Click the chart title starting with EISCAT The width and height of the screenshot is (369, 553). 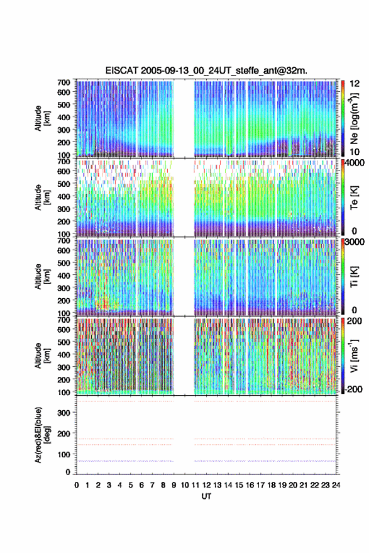coord(206,70)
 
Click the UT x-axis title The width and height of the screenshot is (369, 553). coord(207,496)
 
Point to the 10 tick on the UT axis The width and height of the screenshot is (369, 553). coord(185,485)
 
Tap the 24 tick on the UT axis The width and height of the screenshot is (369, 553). coord(336,485)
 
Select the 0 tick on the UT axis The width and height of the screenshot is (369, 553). coord(77,485)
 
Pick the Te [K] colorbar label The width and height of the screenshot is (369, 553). coord(354,198)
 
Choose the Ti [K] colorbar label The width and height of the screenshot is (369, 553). coord(354,277)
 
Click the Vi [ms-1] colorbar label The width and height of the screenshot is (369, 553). coord(354,355)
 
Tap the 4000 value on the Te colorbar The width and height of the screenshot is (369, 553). coord(355,163)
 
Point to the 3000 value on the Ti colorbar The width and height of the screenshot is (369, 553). coord(355,242)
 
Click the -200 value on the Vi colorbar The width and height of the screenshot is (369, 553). coord(353,389)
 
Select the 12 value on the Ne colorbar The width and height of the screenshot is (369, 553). coord(355,84)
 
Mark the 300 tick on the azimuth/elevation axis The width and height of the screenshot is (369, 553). coord(63,413)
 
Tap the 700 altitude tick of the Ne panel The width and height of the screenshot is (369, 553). coord(63,82)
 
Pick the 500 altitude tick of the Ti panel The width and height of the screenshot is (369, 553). coord(63,263)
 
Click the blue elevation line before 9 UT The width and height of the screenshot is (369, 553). coord(124,461)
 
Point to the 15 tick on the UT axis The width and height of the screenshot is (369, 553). coord(239,485)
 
